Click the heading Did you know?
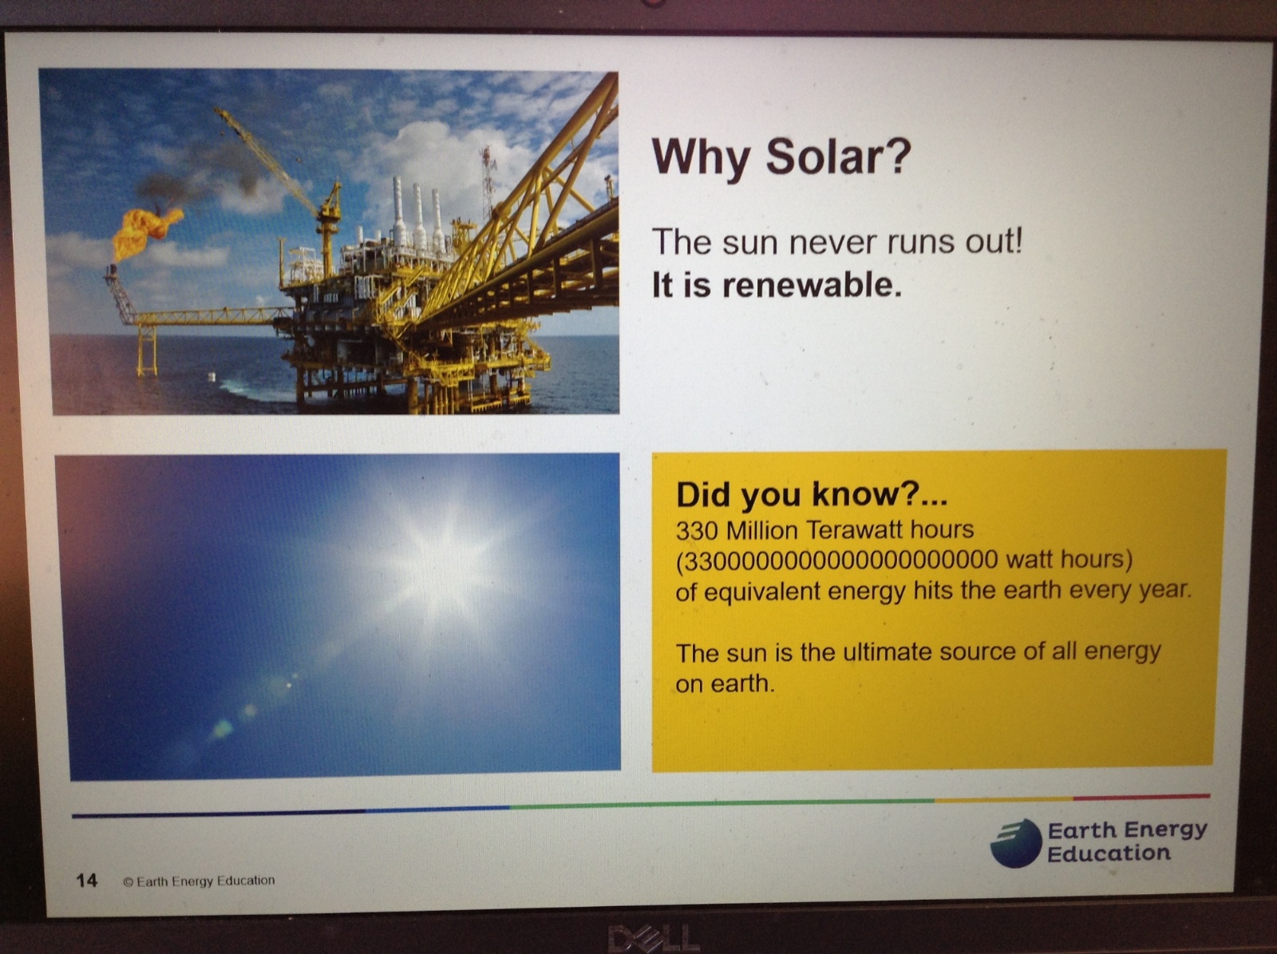click(x=812, y=494)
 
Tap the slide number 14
click(x=87, y=880)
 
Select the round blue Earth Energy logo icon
click(x=1015, y=843)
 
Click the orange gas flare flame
click(x=145, y=232)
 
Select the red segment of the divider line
click(x=1141, y=797)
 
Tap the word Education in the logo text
click(x=1109, y=854)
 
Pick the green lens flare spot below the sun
click(x=222, y=727)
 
